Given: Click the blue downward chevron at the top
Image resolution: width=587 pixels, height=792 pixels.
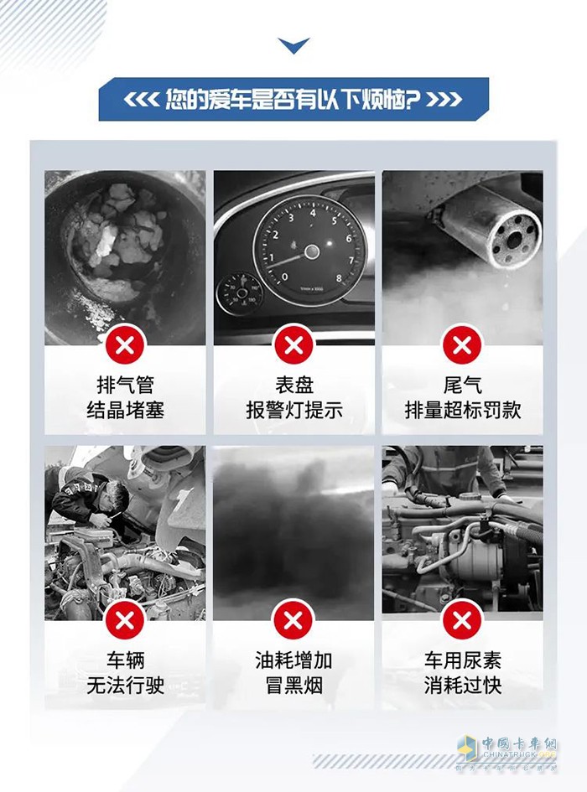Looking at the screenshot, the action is [293, 45].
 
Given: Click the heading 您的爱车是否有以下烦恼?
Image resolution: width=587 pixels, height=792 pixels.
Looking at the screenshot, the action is [293, 100].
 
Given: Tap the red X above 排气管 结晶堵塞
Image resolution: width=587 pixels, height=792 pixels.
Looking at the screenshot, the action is [125, 346].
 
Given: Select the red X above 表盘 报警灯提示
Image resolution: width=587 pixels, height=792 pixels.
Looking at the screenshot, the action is [293, 346].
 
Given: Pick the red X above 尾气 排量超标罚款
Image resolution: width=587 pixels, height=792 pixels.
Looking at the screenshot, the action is [461, 346].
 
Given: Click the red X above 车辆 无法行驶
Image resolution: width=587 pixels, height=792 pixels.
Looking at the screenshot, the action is [125, 621].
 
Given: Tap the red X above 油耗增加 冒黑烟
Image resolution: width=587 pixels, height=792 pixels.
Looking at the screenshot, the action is [293, 621].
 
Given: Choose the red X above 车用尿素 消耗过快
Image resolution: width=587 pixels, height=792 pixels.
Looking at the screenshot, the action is [461, 621].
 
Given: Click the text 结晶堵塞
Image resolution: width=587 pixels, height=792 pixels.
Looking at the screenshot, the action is [126, 410].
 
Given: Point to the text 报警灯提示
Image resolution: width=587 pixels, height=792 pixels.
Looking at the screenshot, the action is [294, 410].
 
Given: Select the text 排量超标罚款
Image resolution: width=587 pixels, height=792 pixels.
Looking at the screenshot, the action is [463, 410].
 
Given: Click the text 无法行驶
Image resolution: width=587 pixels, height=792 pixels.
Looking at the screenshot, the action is [126, 686].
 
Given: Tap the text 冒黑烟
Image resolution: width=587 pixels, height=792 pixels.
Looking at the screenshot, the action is [294, 686].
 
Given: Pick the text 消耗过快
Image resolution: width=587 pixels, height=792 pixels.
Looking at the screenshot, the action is [463, 686].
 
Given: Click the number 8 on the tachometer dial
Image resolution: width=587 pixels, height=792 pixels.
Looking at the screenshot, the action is [339, 277].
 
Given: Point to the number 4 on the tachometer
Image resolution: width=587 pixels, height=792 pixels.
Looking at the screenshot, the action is [313, 213].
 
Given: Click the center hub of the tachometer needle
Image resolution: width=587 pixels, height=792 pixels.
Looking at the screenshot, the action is [311, 251].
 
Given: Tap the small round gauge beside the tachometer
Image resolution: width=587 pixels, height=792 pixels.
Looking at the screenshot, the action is [239, 294].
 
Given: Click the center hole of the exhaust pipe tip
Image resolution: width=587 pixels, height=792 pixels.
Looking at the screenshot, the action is [512, 240].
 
